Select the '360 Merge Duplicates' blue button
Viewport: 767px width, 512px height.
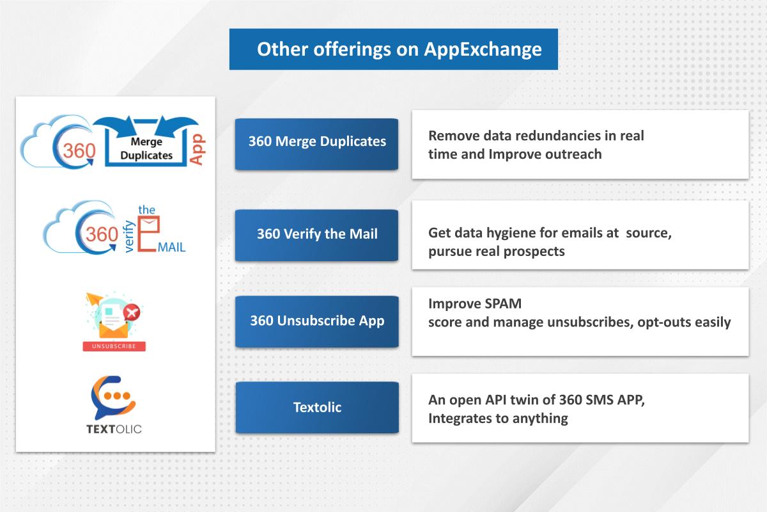point(316,141)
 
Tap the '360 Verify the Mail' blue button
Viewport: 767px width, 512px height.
point(316,234)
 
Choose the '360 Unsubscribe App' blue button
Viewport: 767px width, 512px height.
point(316,320)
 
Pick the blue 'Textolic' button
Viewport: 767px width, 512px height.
point(316,406)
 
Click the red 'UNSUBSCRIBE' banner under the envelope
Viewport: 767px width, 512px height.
point(114,346)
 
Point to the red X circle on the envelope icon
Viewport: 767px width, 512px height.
point(132,313)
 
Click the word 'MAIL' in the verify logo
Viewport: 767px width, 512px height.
point(169,246)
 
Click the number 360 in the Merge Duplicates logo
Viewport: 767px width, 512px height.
point(79,150)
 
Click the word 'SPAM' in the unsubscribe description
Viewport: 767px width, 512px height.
point(504,303)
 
